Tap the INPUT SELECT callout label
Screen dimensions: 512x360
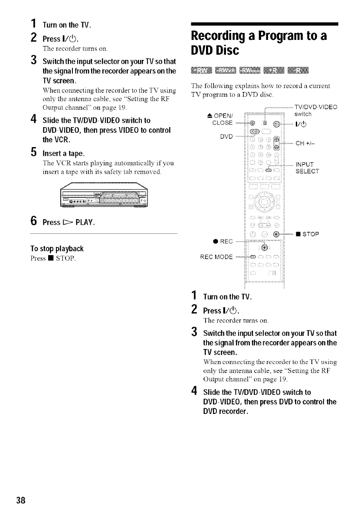click(x=307, y=168)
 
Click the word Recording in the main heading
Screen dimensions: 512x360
click(x=226, y=37)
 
